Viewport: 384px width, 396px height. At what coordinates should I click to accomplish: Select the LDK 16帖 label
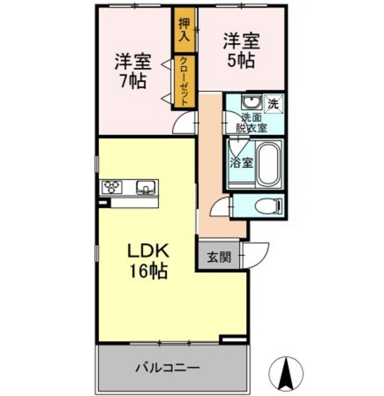pos(147,260)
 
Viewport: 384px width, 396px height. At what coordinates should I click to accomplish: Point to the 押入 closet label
pos(185,28)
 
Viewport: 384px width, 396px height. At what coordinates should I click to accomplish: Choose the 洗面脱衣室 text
pos(251,123)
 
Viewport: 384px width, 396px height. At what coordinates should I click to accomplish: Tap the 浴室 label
pos(241,162)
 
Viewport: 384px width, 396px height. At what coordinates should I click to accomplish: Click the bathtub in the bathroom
pos(269,163)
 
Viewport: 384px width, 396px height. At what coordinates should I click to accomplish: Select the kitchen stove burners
pos(112,187)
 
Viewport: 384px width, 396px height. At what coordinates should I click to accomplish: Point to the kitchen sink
pos(146,187)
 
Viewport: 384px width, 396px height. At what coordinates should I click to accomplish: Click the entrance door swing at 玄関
pos(255,253)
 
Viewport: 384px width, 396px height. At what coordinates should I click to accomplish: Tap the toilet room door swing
pos(223,209)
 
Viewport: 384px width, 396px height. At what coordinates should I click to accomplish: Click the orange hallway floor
pos(210,170)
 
